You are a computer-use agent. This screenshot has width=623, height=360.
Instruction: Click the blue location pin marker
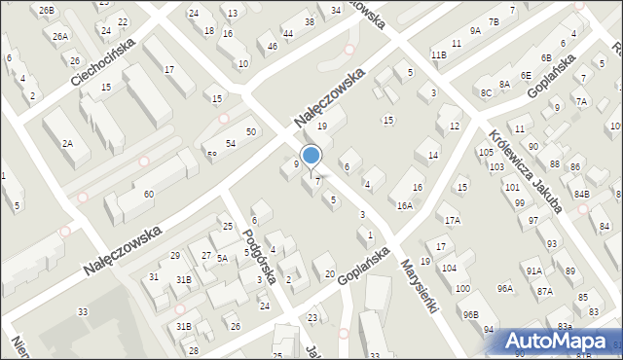311,157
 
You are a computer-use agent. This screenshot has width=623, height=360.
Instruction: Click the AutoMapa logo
563,341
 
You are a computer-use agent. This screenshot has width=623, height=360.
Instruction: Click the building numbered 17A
452,220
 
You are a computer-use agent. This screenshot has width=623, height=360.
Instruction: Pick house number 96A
504,288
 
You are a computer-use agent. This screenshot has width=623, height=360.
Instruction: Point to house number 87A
544,291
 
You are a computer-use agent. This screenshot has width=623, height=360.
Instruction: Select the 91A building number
533,270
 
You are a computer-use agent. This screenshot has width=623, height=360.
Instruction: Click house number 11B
438,54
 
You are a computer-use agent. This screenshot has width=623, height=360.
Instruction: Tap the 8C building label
485,92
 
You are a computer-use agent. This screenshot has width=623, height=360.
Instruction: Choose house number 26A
60,36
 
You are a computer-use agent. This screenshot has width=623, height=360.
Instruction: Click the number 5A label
222,258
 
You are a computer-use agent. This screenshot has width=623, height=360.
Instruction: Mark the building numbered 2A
68,143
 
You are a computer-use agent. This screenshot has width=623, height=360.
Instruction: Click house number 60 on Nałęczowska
148,195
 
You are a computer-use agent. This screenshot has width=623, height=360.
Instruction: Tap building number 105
486,153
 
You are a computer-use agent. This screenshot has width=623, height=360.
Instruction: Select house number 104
449,268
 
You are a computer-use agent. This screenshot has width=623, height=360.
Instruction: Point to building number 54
231,144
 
